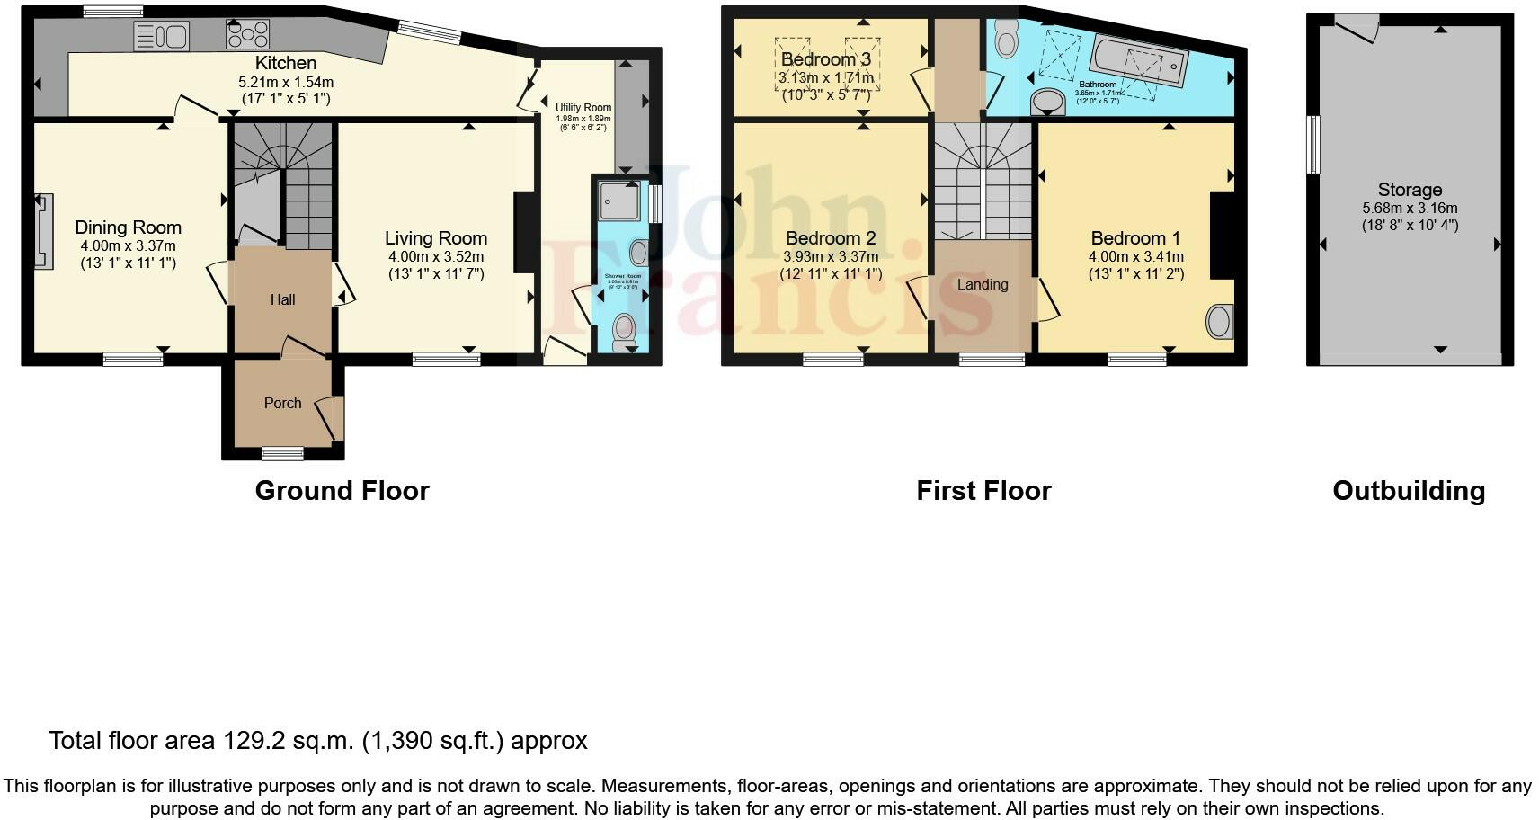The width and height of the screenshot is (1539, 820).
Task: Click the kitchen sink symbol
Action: (161, 36)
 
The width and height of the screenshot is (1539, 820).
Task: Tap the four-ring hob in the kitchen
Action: (247, 34)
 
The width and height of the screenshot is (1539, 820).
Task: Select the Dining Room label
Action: (128, 227)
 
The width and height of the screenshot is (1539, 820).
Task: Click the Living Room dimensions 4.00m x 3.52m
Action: (436, 256)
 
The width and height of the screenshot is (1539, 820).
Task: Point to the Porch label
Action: (282, 403)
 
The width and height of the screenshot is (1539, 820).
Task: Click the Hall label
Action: (282, 299)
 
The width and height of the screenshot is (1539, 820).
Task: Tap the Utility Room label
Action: (583, 108)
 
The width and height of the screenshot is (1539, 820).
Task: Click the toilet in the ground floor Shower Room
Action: (623, 332)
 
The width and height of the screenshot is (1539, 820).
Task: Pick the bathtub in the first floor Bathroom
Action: (1139, 61)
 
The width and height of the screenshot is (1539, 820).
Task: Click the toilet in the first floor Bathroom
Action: (1006, 38)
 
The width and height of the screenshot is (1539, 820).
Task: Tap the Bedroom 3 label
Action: (825, 59)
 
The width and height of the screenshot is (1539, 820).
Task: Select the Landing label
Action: (982, 284)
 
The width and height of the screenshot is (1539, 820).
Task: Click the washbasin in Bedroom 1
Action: (1219, 322)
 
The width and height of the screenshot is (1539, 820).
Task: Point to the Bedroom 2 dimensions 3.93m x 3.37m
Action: (830, 256)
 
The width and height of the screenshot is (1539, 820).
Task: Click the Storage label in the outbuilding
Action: (1409, 190)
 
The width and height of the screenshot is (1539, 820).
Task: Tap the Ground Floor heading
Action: (342, 490)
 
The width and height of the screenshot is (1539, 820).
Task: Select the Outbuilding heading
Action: (1408, 490)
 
